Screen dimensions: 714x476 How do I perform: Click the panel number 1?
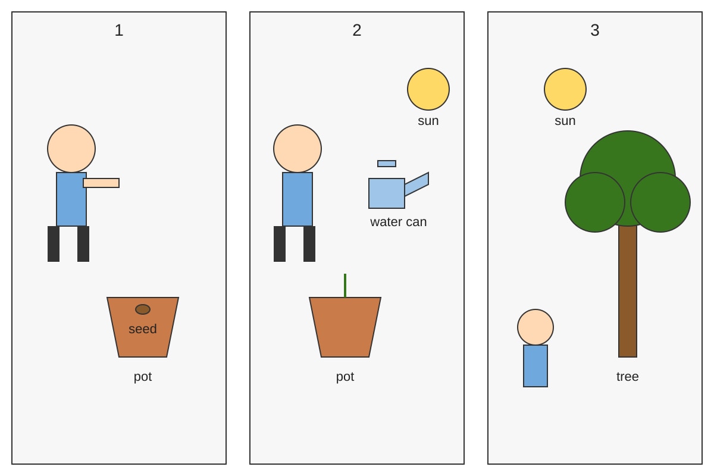[119, 30]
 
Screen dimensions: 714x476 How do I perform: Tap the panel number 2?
[356, 30]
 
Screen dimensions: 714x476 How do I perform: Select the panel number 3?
[595, 30]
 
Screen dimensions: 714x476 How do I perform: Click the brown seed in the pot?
[142, 309]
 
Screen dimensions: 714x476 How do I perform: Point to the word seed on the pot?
[142, 329]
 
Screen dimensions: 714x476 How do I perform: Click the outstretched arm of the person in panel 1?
[101, 183]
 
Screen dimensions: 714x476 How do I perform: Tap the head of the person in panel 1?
[71, 149]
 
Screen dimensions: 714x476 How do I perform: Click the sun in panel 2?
[428, 89]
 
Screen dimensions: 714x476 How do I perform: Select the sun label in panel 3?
[565, 121]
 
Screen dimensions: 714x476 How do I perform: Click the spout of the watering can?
[416, 184]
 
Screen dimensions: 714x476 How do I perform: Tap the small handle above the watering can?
[387, 164]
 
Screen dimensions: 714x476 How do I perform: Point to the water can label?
[398, 222]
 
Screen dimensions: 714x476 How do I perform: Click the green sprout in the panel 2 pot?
[345, 286]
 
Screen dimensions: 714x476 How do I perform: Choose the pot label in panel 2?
[345, 377]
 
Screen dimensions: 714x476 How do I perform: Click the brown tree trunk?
[628, 291]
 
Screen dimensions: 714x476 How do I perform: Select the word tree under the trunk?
[627, 377]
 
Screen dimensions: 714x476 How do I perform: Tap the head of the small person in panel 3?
[535, 327]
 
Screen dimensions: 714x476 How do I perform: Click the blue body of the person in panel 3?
[535, 366]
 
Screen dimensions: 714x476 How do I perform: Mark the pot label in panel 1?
[142, 377]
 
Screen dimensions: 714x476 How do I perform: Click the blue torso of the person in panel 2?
[297, 199]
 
